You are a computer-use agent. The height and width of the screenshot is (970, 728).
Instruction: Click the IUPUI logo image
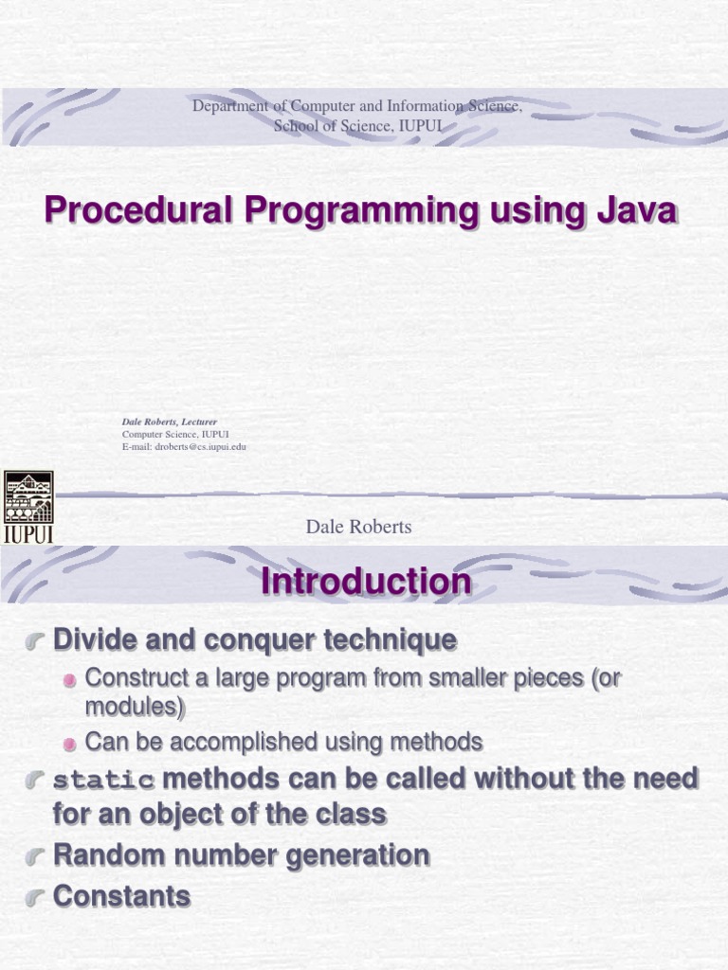[28, 507]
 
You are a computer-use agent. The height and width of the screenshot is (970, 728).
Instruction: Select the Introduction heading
[366, 581]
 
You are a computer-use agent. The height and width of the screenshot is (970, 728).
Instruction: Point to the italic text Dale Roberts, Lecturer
[169, 422]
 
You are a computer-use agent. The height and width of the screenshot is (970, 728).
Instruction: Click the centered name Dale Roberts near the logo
[358, 528]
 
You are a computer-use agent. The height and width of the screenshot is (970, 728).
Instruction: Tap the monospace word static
[103, 781]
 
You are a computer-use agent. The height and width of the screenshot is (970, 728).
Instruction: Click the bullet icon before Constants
[36, 896]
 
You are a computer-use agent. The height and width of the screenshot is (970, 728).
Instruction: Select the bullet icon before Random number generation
[36, 856]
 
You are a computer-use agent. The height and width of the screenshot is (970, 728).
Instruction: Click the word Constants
[121, 896]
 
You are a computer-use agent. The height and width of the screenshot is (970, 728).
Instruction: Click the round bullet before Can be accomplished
[70, 744]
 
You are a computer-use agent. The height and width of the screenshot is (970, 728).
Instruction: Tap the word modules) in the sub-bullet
[135, 708]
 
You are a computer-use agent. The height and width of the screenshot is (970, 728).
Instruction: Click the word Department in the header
[231, 106]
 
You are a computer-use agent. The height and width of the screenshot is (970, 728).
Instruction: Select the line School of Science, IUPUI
[357, 126]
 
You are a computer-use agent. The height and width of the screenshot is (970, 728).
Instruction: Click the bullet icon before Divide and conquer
[36, 642]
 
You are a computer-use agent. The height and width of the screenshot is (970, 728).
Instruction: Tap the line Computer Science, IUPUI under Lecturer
[175, 434]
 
